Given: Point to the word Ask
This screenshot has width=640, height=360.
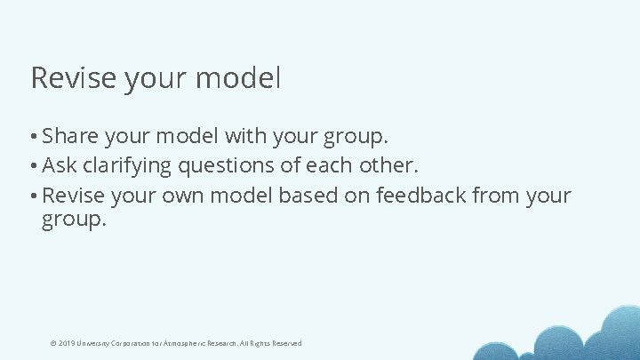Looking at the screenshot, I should coord(60,165).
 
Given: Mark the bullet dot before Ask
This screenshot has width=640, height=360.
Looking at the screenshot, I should coord(33,166).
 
